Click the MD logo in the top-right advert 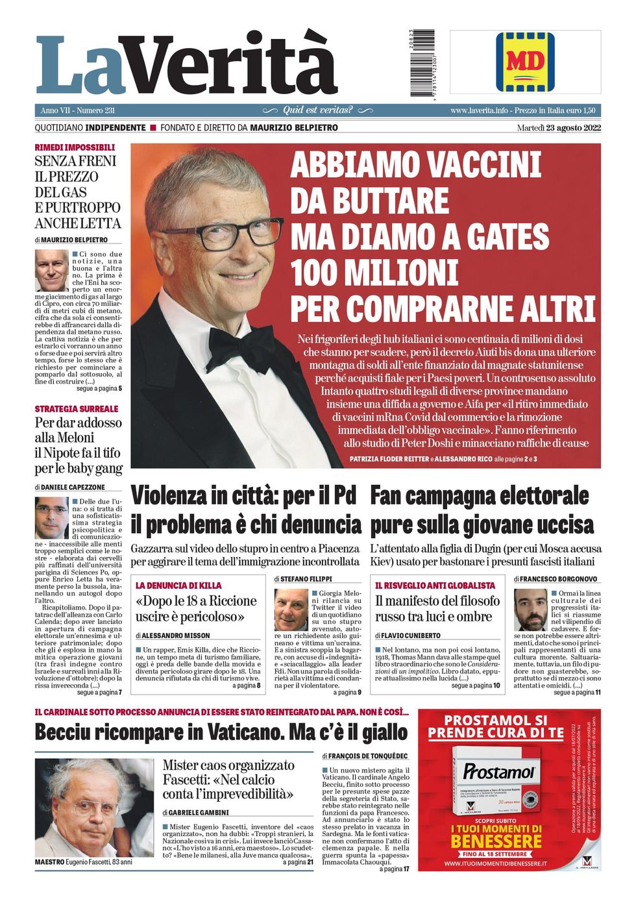pyautogui.click(x=525, y=62)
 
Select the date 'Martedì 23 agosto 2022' pyautogui.click(x=559, y=127)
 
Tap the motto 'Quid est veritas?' pyautogui.click(x=317, y=110)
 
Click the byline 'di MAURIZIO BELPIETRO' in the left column pyautogui.click(x=71, y=240)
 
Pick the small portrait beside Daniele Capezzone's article pyautogui.click(x=51, y=517)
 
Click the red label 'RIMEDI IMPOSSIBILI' pyautogui.click(x=75, y=147)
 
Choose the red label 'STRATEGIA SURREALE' pyautogui.click(x=77, y=408)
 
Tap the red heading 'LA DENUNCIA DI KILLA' pyautogui.click(x=178, y=585)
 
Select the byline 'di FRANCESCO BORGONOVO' pyautogui.click(x=556, y=578)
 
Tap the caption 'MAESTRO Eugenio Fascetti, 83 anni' pyautogui.click(x=84, y=862)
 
